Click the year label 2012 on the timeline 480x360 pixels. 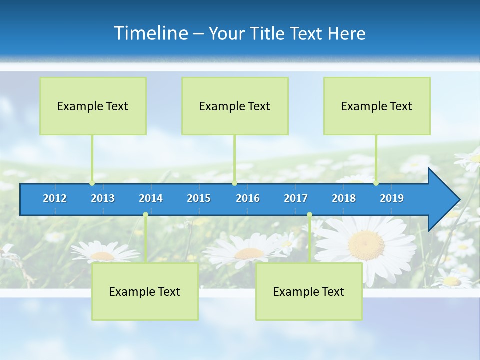click(x=55, y=198)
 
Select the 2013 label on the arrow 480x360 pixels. click(x=103, y=198)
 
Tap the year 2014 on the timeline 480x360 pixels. click(x=151, y=198)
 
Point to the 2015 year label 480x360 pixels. click(x=199, y=198)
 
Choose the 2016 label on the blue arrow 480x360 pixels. click(x=248, y=198)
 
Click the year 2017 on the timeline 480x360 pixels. click(x=296, y=198)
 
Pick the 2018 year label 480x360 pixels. click(x=344, y=198)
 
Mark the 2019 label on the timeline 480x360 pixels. click(x=392, y=198)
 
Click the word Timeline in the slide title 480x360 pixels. click(x=150, y=33)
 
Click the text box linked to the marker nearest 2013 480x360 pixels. click(x=93, y=106)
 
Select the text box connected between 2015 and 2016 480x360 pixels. click(x=235, y=106)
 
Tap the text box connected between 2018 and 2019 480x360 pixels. click(x=377, y=106)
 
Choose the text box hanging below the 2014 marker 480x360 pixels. click(x=145, y=292)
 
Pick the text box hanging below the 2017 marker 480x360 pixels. click(x=309, y=292)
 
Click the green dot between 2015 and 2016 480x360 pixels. click(x=234, y=183)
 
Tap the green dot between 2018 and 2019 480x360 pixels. click(x=376, y=183)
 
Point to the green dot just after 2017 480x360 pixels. click(x=309, y=215)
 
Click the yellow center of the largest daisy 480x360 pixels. click(x=367, y=245)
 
